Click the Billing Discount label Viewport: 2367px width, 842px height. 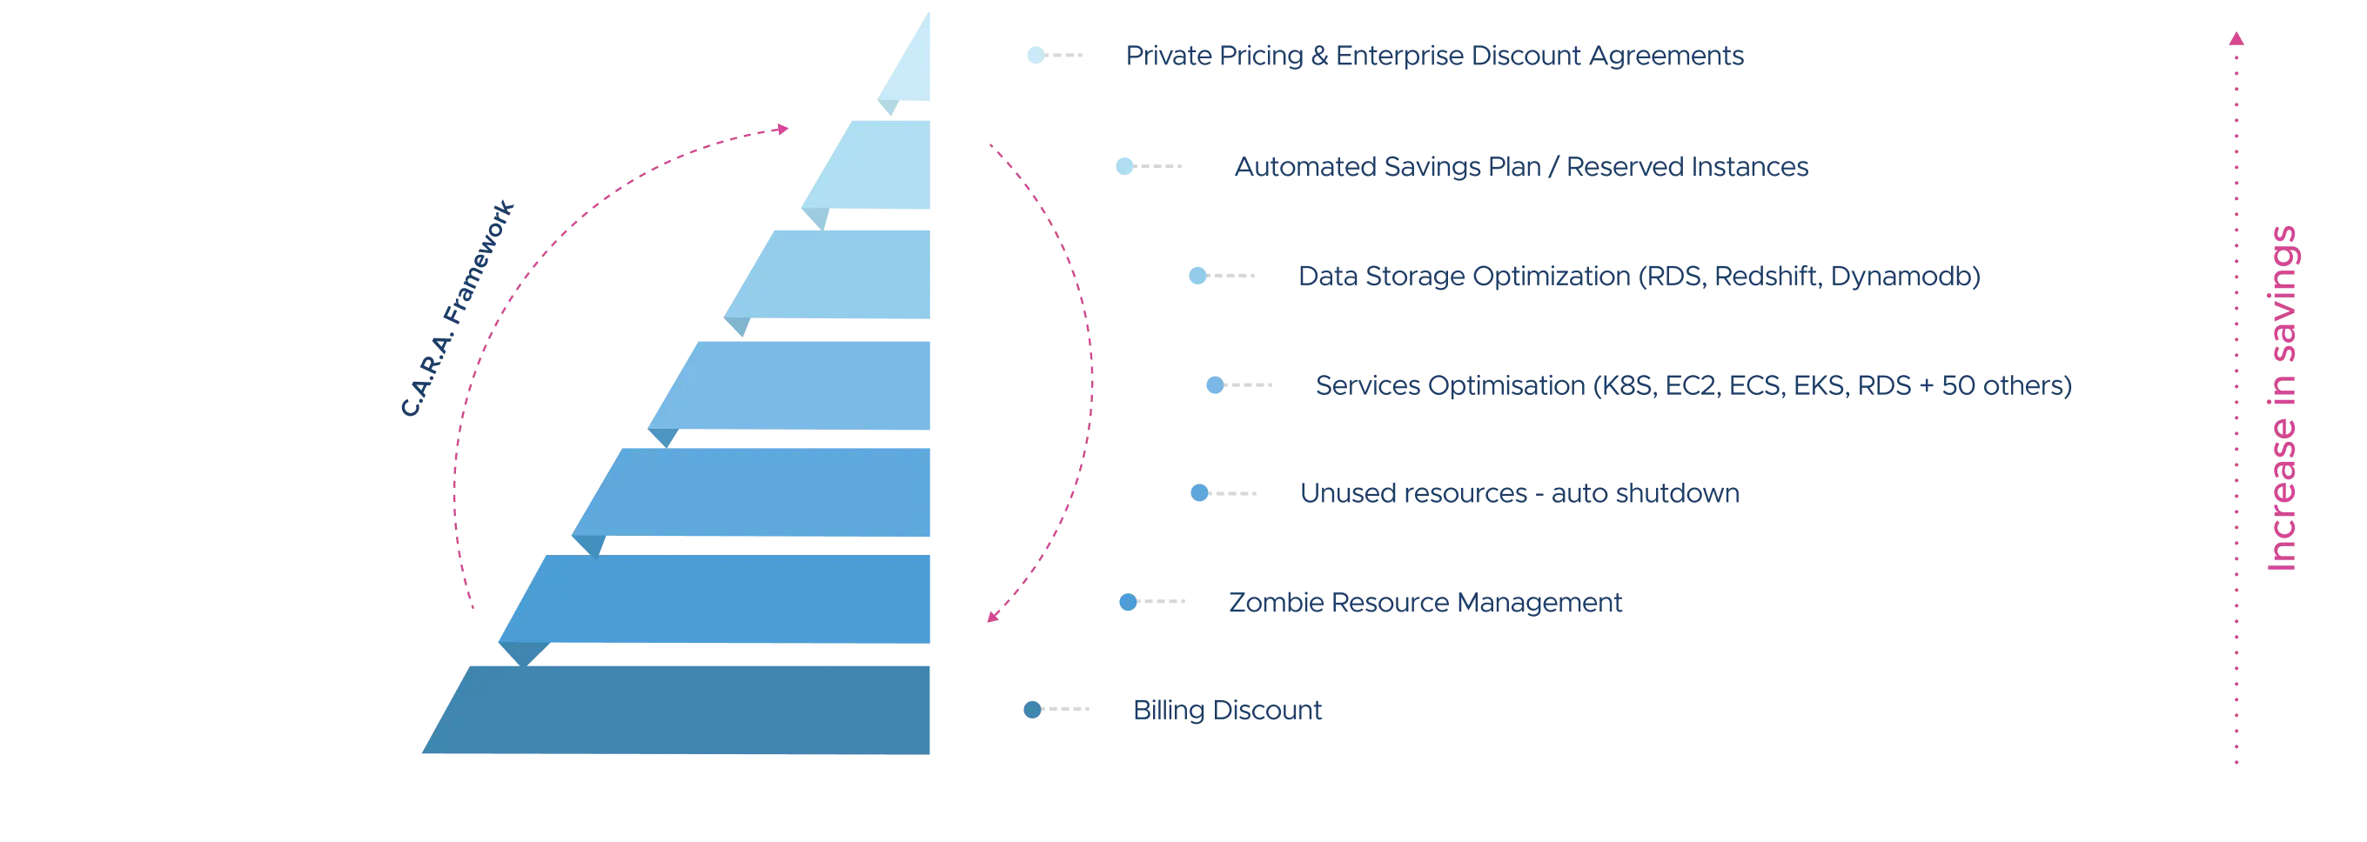1228,711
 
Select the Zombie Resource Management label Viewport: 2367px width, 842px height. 1426,604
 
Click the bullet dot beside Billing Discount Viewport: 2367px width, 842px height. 1034,710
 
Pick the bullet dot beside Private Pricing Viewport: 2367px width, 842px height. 1036,56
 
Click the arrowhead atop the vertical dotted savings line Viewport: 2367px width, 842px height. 2236,39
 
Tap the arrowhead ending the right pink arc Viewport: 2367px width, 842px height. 990,618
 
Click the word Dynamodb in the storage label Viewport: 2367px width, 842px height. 1903,277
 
